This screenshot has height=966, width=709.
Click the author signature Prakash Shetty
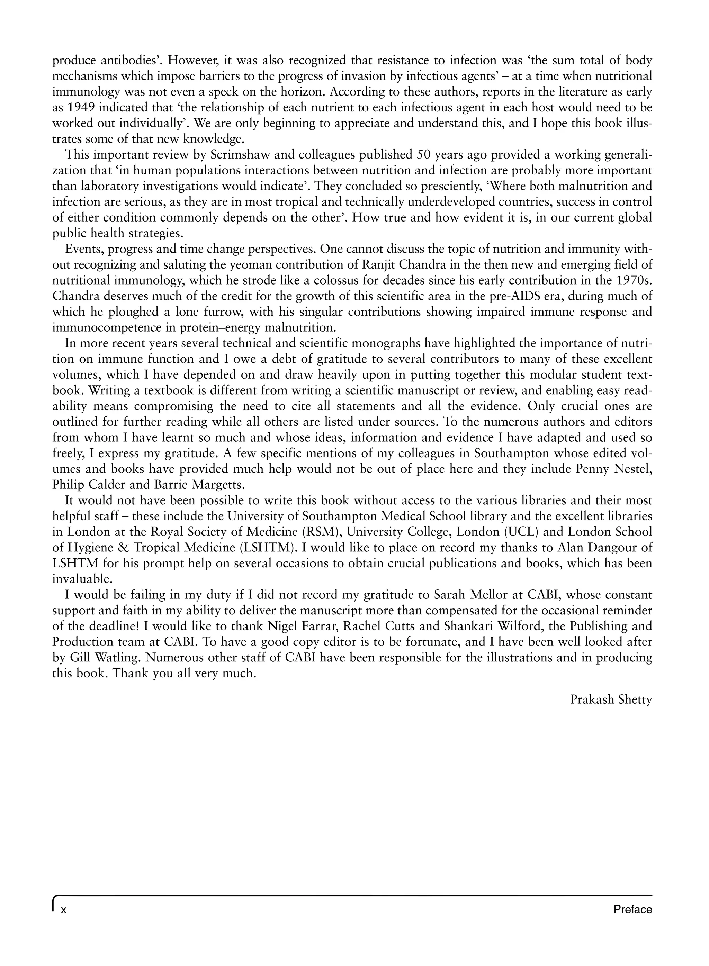(x=611, y=699)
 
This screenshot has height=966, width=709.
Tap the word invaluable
(x=82, y=579)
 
